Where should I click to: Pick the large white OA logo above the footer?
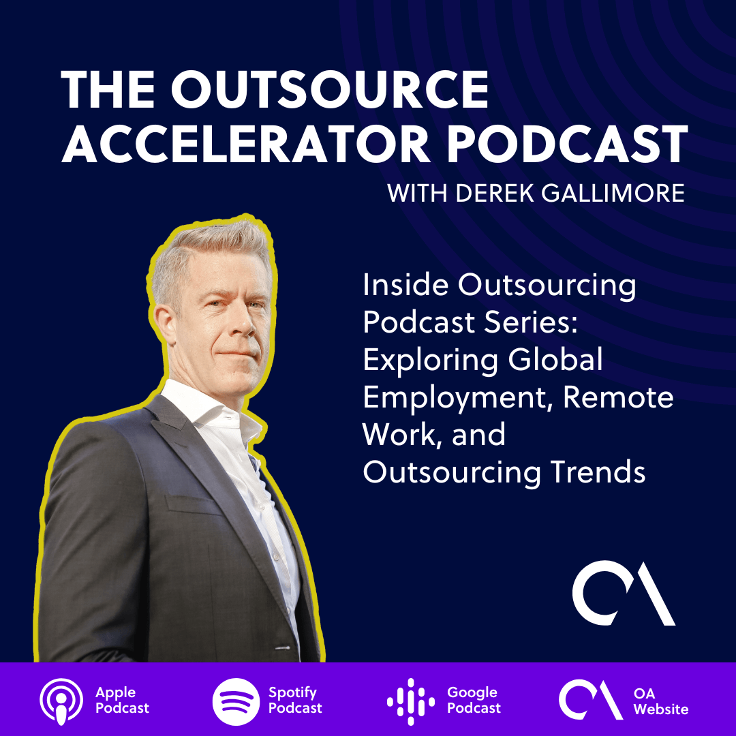click(623, 592)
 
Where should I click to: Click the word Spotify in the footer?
click(292, 693)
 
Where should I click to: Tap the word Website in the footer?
click(661, 709)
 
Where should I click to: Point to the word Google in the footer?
click(472, 693)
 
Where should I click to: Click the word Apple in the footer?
click(115, 693)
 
